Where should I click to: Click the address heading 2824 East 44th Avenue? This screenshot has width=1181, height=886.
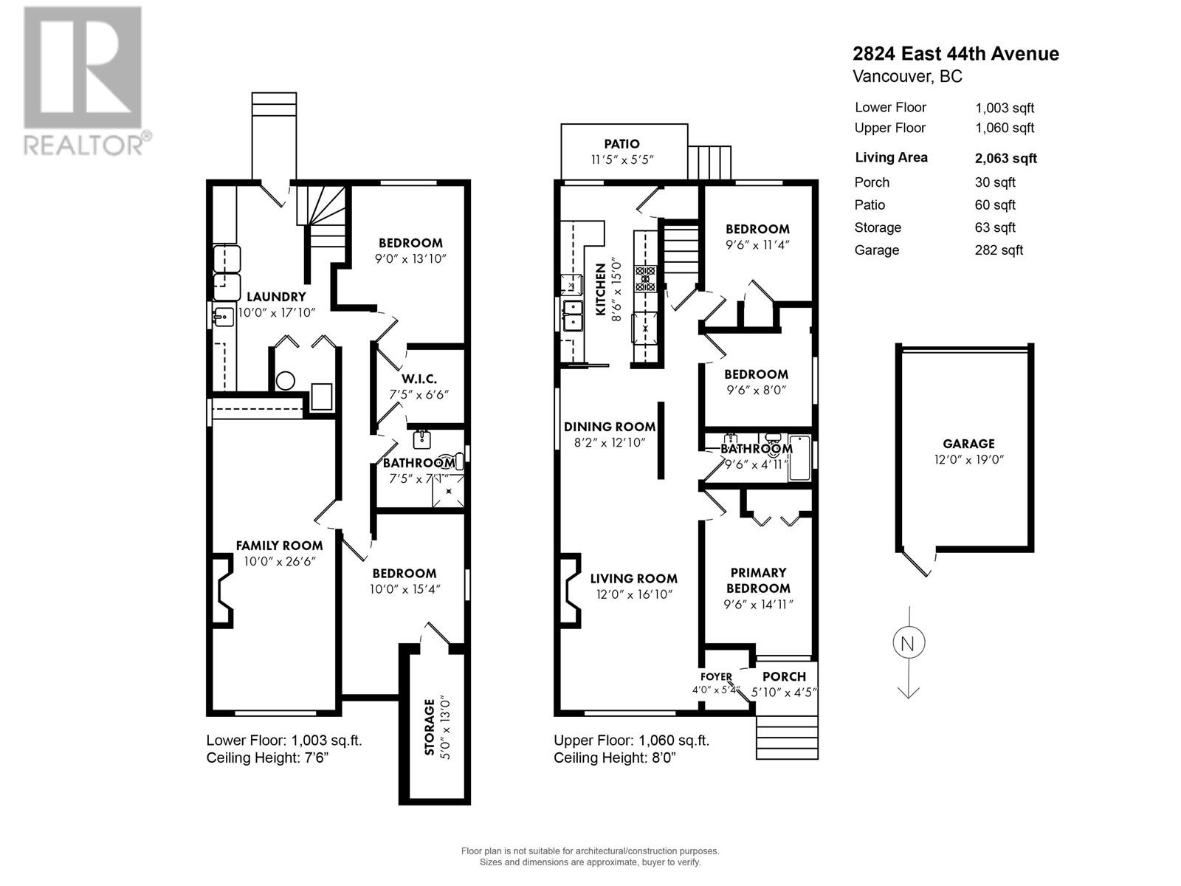click(955, 54)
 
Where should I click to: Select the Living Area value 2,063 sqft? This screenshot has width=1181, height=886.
click(1005, 158)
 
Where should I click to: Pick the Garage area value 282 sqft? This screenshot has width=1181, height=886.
click(999, 250)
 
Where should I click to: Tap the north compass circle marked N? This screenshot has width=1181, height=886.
click(908, 643)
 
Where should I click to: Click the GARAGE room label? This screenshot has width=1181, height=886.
click(968, 444)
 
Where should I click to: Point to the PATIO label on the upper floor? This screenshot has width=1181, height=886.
click(622, 144)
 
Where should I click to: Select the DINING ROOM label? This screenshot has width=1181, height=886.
click(610, 427)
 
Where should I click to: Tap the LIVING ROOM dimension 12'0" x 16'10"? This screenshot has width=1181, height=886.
click(634, 594)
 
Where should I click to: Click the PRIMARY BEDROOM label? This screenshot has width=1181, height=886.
click(758, 580)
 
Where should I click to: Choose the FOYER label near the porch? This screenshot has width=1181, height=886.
click(716, 677)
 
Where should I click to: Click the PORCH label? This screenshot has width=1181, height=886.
click(784, 677)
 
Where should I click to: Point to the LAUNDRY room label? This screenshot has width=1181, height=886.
click(276, 297)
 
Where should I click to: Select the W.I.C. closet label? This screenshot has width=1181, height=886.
click(419, 379)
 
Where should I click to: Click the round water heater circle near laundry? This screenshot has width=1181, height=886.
click(286, 381)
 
